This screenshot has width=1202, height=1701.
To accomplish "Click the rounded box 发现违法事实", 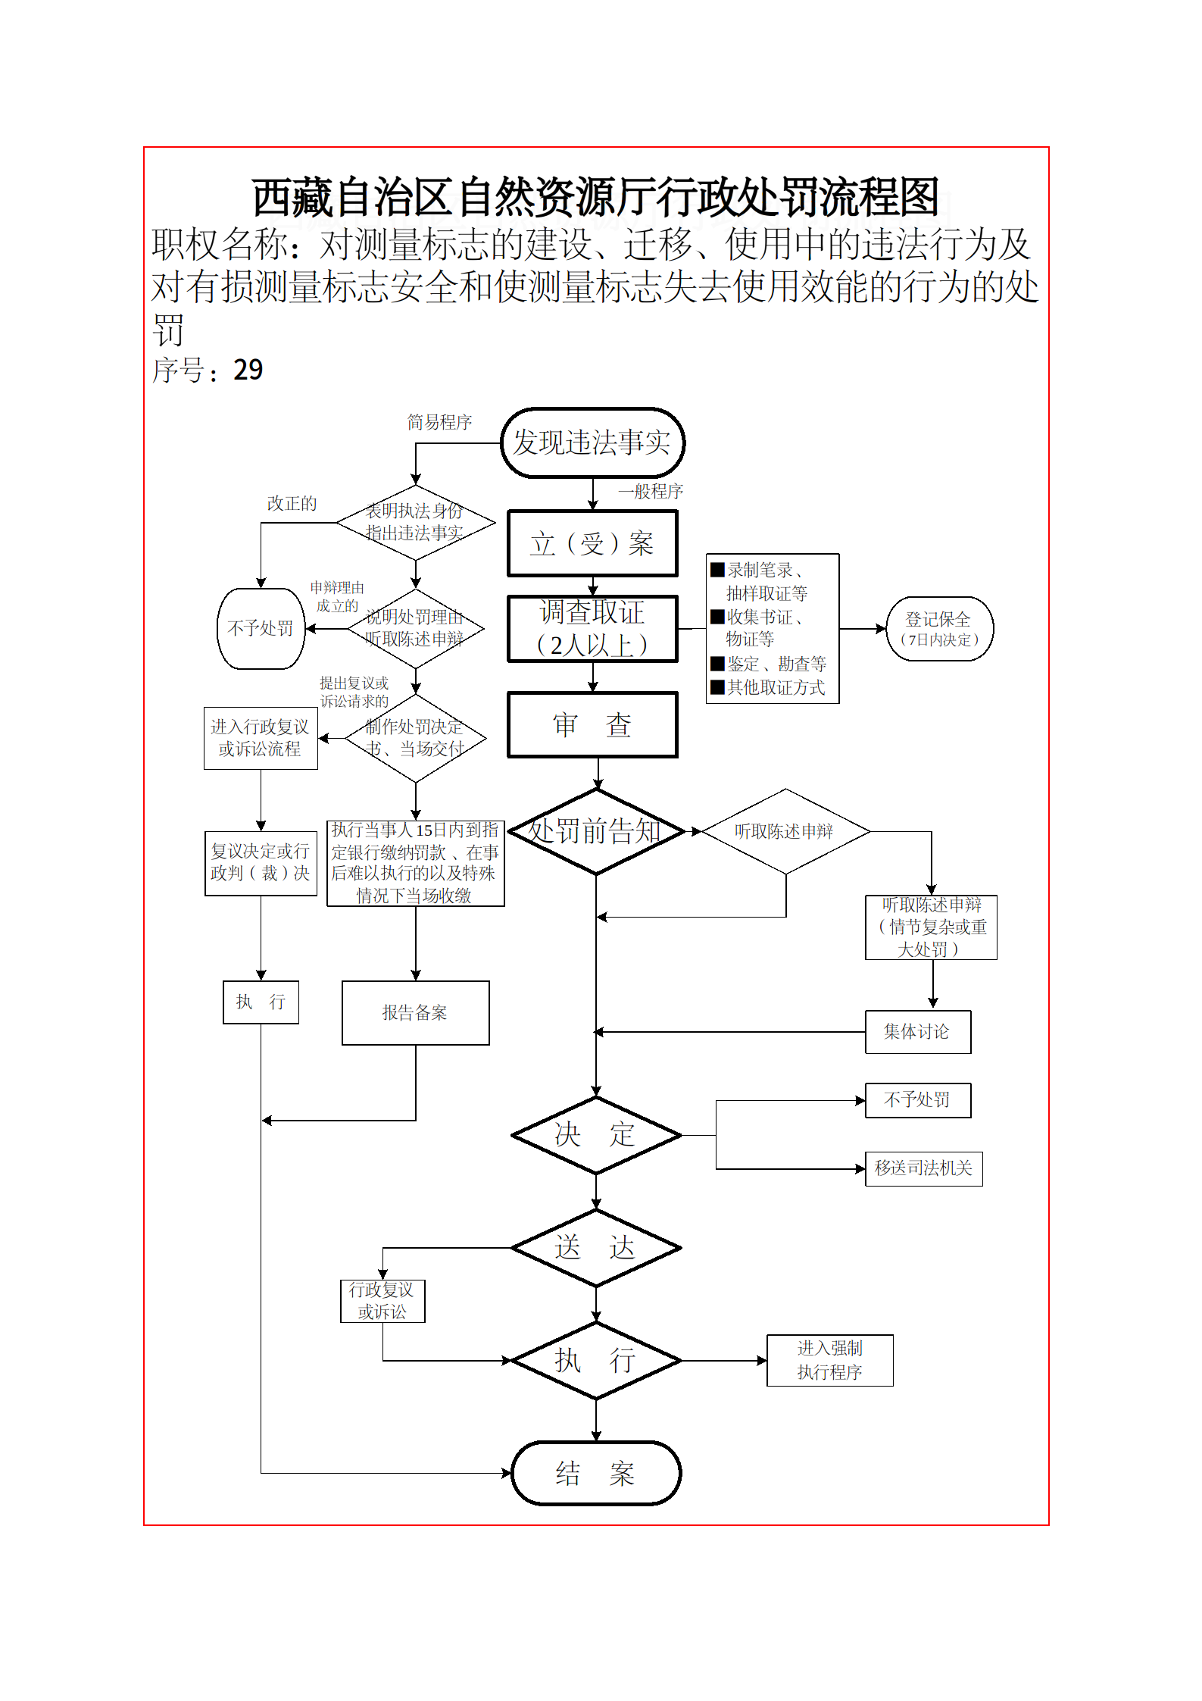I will click(x=592, y=443).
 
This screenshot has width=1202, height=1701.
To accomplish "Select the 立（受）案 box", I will click(x=592, y=543).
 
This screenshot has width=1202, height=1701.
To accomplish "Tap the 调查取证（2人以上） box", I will click(x=592, y=629).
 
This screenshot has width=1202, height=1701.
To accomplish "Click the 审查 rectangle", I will click(x=592, y=725).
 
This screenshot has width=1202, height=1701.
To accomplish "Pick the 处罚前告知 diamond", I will click(x=596, y=831).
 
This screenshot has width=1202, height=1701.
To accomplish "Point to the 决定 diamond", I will click(x=596, y=1135).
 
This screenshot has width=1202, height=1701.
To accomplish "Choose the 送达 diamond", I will click(x=596, y=1247).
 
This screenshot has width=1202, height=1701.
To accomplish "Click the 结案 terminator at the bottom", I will click(x=596, y=1474).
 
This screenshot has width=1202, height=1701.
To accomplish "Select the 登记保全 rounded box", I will click(x=939, y=629).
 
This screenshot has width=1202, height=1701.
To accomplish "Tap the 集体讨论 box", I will click(x=917, y=1032).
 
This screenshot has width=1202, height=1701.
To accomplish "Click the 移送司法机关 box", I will click(x=923, y=1168).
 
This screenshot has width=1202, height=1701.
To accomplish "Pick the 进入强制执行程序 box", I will click(x=829, y=1360).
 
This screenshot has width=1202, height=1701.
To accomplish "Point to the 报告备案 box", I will click(x=415, y=1013).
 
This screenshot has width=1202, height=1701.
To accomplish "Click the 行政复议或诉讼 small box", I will click(x=382, y=1301).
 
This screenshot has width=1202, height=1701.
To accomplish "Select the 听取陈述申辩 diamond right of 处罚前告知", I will click(x=785, y=831).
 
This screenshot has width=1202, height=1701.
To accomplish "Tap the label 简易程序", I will click(x=439, y=422).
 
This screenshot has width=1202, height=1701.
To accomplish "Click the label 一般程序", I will click(x=651, y=492).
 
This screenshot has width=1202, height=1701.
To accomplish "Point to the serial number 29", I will click(x=248, y=370).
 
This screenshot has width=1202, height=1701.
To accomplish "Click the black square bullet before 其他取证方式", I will click(x=717, y=687).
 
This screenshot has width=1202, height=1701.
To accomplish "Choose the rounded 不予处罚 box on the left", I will click(x=261, y=629).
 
